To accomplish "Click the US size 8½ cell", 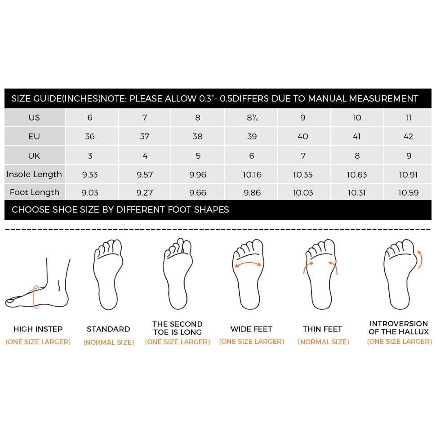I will click(x=252, y=118).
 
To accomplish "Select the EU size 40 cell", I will click(x=303, y=137).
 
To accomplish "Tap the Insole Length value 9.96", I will click(x=198, y=174).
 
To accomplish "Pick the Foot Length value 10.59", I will click(x=408, y=193).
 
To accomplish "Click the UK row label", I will click(x=34, y=156).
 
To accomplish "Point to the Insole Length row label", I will click(x=34, y=174).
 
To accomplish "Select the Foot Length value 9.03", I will click(x=90, y=193).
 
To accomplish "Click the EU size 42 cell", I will click(x=408, y=137).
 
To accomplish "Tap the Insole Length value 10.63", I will click(x=356, y=174).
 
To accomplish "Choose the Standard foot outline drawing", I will click(x=108, y=274).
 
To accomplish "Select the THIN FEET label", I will click(x=322, y=329).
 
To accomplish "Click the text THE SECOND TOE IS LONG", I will click(x=177, y=328).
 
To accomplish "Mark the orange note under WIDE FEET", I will click(x=251, y=342).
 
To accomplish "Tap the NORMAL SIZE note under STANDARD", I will click(x=108, y=343).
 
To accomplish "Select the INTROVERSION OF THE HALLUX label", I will click(x=399, y=328).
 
